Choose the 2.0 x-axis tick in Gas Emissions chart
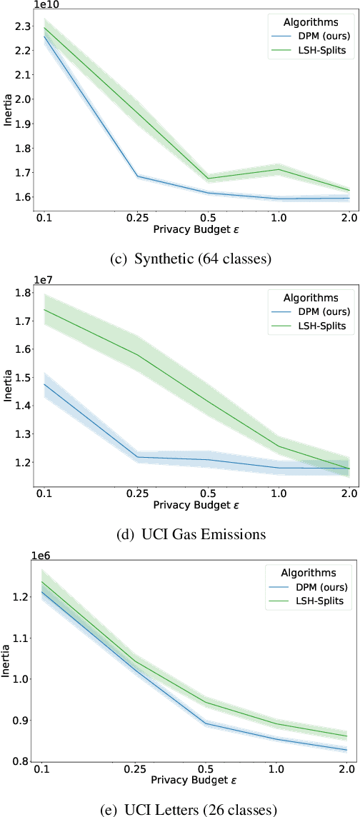point(349,493)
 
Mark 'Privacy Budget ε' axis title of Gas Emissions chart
point(196,505)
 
